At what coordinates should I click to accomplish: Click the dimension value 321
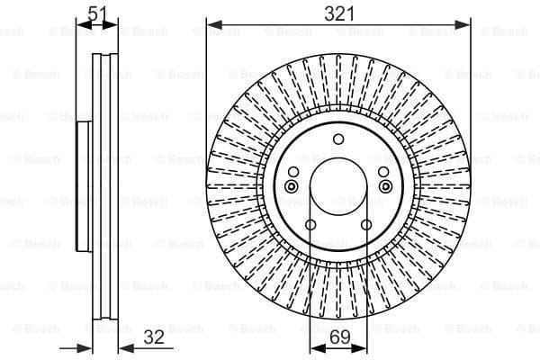tap(338, 13)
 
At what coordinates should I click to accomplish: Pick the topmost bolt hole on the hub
tap(338, 139)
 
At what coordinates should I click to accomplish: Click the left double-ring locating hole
tap(290, 185)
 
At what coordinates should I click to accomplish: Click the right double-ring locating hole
tap(387, 185)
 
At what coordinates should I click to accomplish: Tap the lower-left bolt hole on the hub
tap(310, 225)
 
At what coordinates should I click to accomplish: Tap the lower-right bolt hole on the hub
tap(366, 225)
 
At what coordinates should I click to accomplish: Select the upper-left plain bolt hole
tap(293, 173)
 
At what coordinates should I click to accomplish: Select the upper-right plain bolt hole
tap(383, 173)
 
